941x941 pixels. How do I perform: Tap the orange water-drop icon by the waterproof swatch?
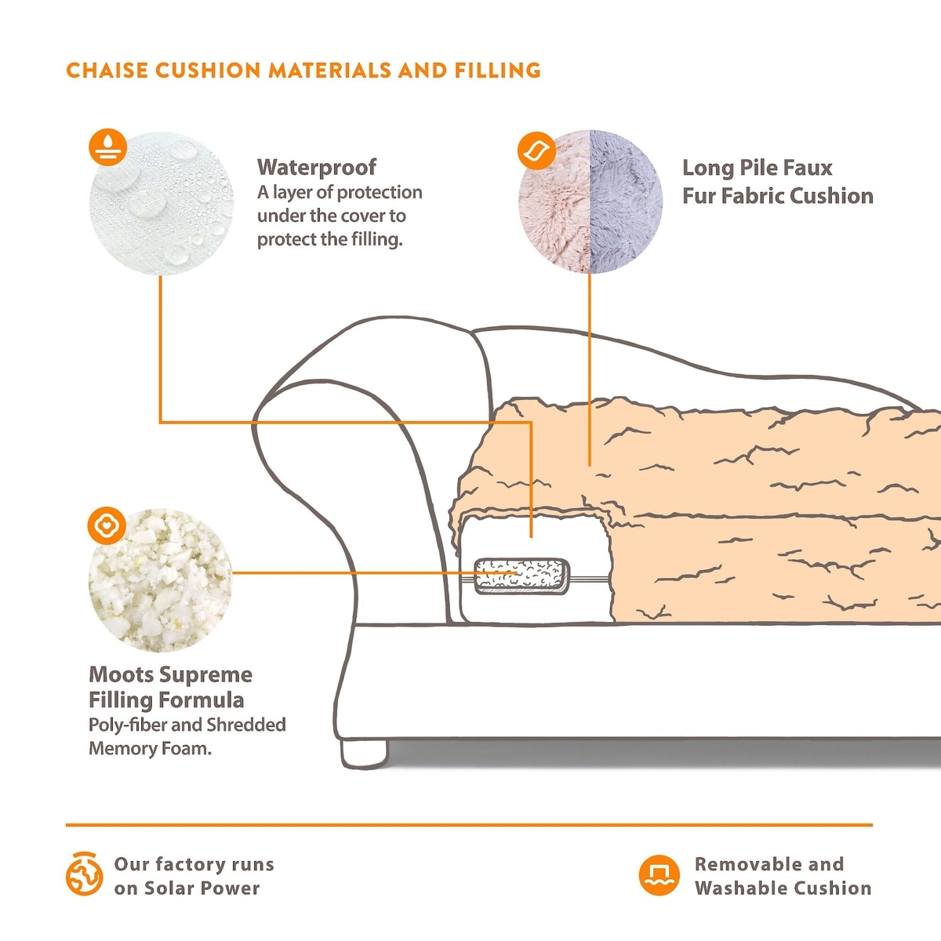pos(108,147)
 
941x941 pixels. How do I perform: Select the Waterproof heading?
pos(316,167)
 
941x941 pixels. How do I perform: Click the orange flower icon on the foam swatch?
pos(107,526)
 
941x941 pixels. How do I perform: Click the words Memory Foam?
pos(150,748)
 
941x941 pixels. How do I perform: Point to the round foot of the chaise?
pos(365,753)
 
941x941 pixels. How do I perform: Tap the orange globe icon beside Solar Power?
pos(84,874)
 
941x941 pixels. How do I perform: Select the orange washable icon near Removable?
pos(659,875)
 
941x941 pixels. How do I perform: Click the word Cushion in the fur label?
pos(830,196)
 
